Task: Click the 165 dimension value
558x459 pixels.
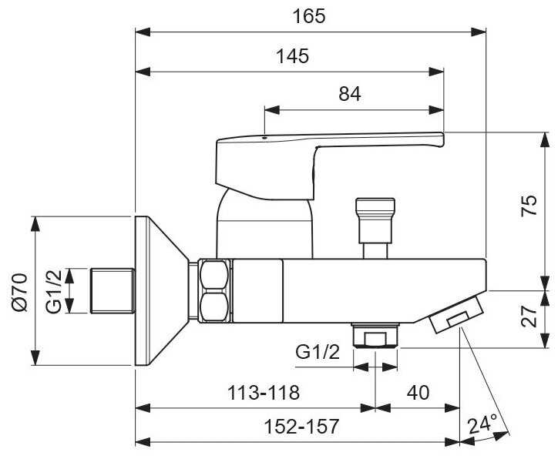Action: coord(309,16)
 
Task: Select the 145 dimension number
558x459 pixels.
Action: coord(293,56)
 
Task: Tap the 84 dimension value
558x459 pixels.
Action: coord(349,94)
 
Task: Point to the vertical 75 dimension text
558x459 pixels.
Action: coord(529,205)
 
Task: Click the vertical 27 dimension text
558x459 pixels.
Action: coord(529,316)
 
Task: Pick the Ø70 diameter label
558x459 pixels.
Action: coord(19,292)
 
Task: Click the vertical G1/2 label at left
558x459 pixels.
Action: coord(54,292)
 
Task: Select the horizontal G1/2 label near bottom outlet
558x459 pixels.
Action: coord(318,353)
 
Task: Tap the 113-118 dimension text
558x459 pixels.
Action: coord(264,393)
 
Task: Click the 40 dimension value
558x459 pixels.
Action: coord(418,393)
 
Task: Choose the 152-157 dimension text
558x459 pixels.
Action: coord(301,427)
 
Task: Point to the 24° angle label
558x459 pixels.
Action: coord(482,425)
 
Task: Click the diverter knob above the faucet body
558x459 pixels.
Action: coord(375,220)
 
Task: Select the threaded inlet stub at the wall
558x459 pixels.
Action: coord(113,291)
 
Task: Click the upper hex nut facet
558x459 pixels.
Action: coord(214,274)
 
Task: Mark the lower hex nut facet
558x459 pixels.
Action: coord(214,307)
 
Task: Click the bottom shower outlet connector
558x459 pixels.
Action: coord(375,335)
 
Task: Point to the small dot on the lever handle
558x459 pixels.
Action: coord(264,137)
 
